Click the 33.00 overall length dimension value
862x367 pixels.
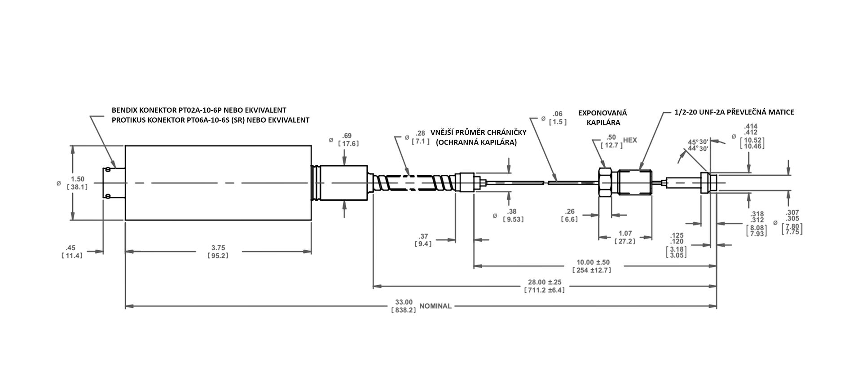404,302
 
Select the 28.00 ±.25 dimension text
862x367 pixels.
545,282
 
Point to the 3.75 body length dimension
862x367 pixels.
218,248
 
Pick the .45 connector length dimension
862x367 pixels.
71,248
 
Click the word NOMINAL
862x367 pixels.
435,306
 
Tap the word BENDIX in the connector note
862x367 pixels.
124,110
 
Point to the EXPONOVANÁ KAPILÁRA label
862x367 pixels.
602,117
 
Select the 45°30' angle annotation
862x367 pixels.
698,142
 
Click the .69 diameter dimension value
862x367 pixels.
347,136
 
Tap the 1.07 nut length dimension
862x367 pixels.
625,233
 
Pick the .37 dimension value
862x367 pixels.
423,236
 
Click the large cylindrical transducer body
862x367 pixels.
218,183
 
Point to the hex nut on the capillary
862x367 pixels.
605,182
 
